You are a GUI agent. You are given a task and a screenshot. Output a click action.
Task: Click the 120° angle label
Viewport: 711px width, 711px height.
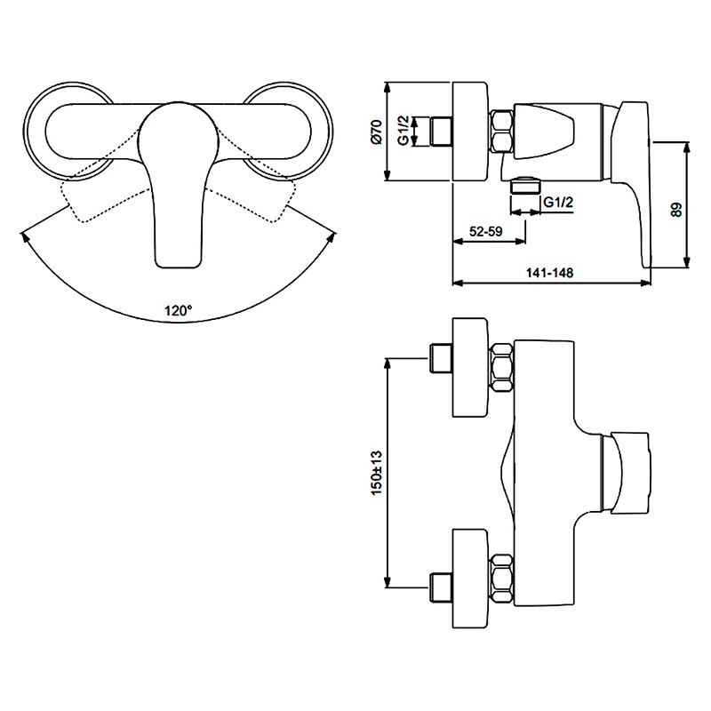[x=179, y=310]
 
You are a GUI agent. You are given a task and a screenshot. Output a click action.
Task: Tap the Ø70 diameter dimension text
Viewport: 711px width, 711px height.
[x=376, y=132]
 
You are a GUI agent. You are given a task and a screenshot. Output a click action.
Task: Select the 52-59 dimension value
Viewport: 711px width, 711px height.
[x=485, y=231]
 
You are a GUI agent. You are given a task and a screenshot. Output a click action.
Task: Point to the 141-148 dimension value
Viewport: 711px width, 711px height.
[x=549, y=273]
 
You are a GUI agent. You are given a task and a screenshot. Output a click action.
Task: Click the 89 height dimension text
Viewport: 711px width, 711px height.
[x=675, y=210]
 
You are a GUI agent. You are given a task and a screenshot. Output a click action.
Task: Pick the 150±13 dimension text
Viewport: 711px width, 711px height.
[x=377, y=473]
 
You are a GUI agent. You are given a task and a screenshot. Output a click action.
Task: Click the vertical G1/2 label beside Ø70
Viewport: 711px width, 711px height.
[x=403, y=130]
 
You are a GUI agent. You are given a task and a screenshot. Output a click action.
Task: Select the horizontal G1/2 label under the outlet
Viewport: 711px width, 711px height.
[x=558, y=202]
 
